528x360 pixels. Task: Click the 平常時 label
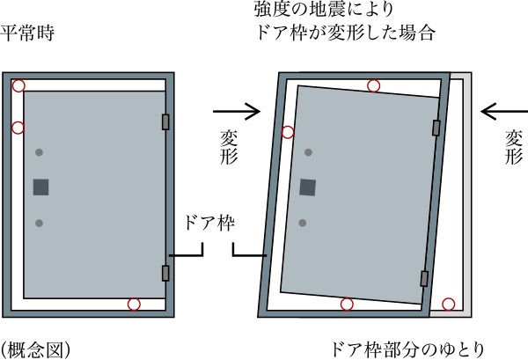tap(27, 33)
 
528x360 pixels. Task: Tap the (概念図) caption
tap(35, 350)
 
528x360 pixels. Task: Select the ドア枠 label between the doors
tap(209, 223)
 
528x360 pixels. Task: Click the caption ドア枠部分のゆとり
tap(407, 349)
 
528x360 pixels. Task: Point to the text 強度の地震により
tap(324, 9)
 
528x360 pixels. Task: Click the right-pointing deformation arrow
tap(237, 111)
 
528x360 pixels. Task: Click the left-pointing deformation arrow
tap(504, 111)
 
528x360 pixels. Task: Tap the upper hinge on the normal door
tap(165, 122)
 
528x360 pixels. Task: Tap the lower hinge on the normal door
tap(165, 273)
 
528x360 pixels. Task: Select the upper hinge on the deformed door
tap(436, 128)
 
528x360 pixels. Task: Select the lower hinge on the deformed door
tap(424, 278)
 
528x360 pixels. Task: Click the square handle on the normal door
tap(40, 187)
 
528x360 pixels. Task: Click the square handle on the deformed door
tap(307, 187)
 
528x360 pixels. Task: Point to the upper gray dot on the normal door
tap(39, 152)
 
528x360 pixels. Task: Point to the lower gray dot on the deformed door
tap(303, 223)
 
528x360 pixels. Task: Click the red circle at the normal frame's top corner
tap(18, 86)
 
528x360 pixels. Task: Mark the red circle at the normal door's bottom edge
tap(134, 304)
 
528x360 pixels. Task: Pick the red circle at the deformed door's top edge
tap(373, 86)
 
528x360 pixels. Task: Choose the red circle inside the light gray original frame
tap(449, 304)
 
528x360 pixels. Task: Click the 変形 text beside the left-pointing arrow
tap(514, 147)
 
